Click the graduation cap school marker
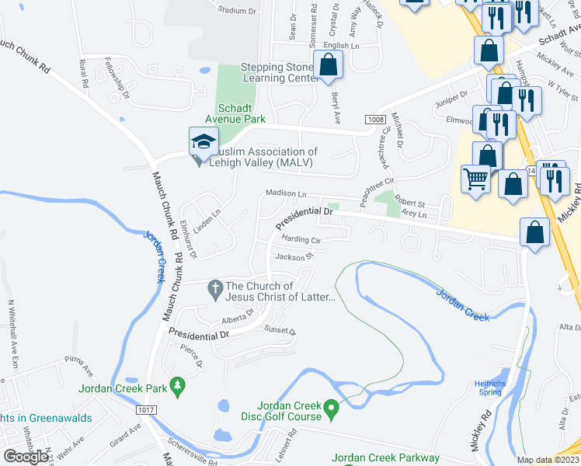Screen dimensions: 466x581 (202, 141)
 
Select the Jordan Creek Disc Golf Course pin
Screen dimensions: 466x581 (332, 407)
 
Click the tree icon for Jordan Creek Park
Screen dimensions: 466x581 (178, 385)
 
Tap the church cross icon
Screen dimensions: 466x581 (216, 291)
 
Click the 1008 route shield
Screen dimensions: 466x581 (377, 119)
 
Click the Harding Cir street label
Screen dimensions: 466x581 (301, 240)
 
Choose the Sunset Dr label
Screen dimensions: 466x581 (280, 330)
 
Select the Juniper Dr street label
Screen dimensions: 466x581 (452, 95)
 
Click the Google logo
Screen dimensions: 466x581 (26, 456)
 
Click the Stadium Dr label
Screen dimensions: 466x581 (237, 11)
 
